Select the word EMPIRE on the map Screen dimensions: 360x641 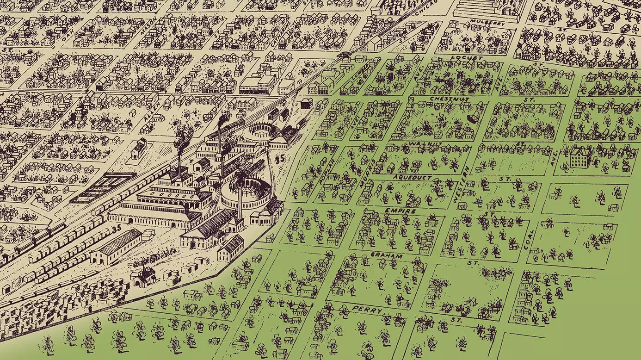pyautogui.click(x=401, y=211)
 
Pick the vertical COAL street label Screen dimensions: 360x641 pyautogui.click(x=529, y=239)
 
